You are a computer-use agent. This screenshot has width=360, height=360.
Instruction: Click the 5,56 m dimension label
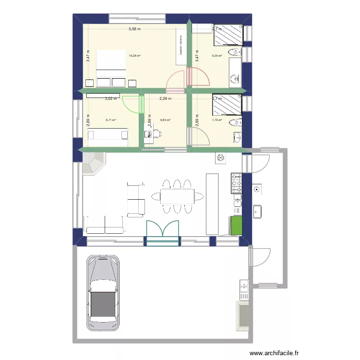134,29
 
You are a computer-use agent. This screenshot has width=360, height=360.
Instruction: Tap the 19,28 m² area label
134,56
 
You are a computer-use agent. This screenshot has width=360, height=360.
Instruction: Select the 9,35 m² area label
217,56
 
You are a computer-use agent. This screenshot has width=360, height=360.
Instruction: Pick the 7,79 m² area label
217,120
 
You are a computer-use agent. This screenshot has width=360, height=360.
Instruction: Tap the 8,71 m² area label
111,120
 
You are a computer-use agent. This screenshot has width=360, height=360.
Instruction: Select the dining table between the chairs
177,196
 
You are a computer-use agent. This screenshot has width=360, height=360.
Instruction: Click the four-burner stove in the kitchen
237,183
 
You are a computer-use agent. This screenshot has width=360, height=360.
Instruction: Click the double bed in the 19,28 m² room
111,69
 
